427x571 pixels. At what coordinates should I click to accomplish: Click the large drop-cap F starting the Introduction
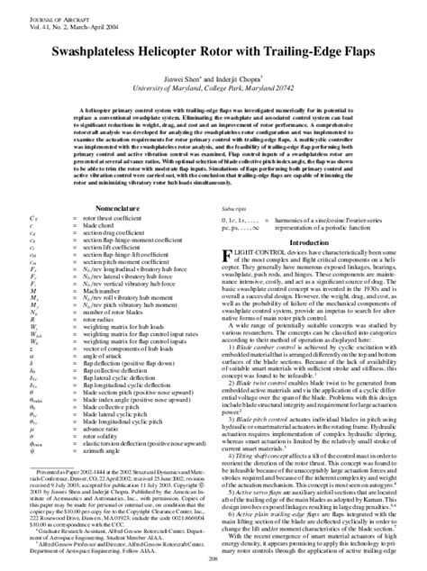pyautogui.click(x=227, y=257)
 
